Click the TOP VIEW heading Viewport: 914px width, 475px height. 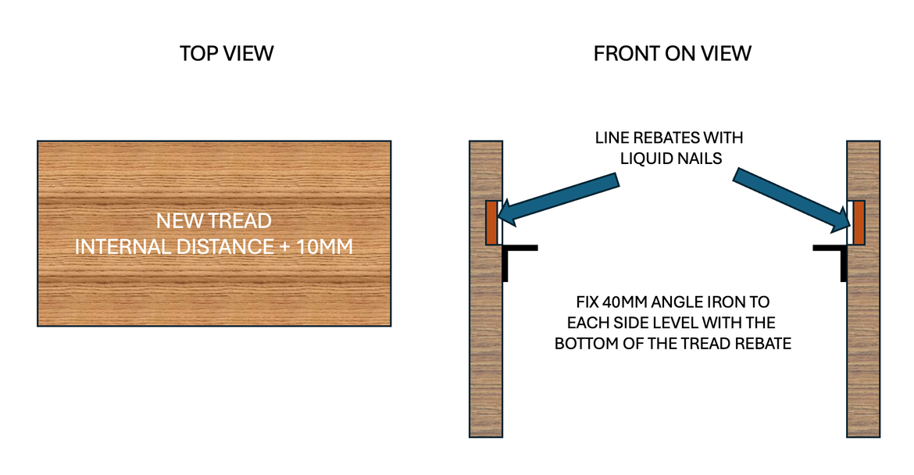coord(227,53)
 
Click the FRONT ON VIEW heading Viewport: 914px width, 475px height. coord(672,53)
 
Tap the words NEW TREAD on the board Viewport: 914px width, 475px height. coord(213,220)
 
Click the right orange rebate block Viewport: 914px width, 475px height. coord(858,223)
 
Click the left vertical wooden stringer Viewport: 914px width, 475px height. coord(485,352)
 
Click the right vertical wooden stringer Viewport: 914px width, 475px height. coord(864,352)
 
